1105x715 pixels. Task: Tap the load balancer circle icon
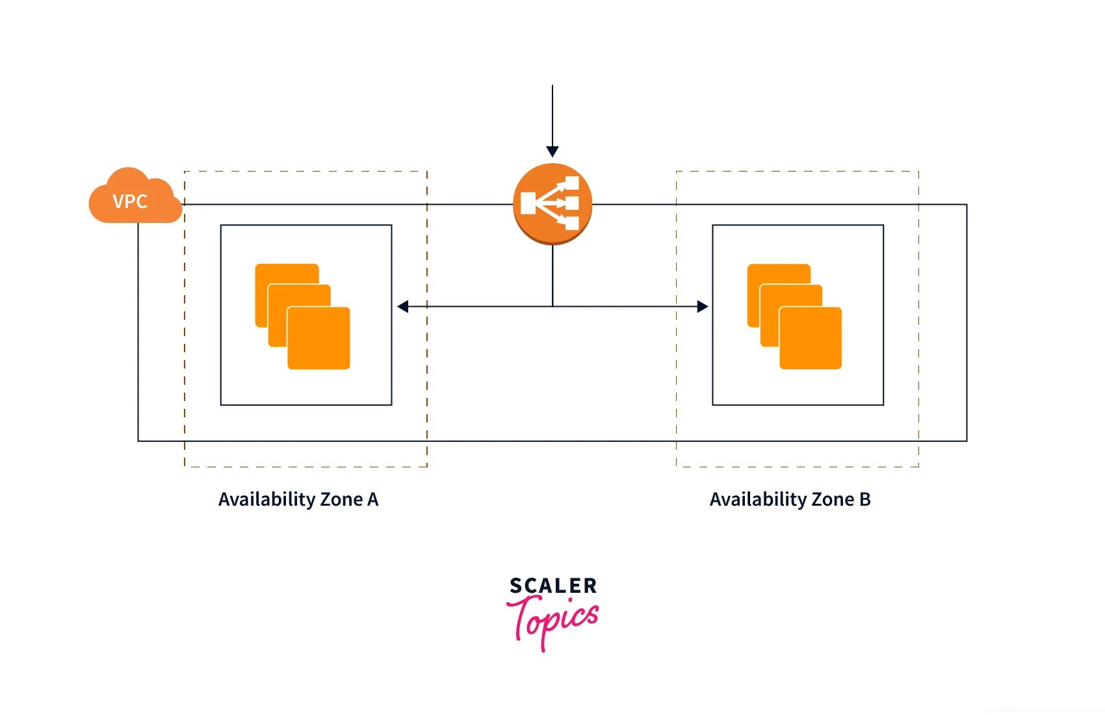552,203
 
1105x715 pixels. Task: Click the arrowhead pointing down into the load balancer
552,151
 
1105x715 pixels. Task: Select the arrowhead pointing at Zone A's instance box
403,306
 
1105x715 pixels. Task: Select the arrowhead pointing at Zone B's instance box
702,306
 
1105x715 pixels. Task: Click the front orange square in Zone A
318,338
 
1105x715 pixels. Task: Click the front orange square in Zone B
811,338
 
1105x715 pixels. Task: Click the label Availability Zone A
298,499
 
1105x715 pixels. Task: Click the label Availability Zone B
790,499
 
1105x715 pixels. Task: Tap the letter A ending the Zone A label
372,499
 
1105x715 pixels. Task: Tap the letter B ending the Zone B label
864,499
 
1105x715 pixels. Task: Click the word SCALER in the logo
552,586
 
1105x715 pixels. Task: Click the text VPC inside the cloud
130,201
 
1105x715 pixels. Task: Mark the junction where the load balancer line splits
552,306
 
